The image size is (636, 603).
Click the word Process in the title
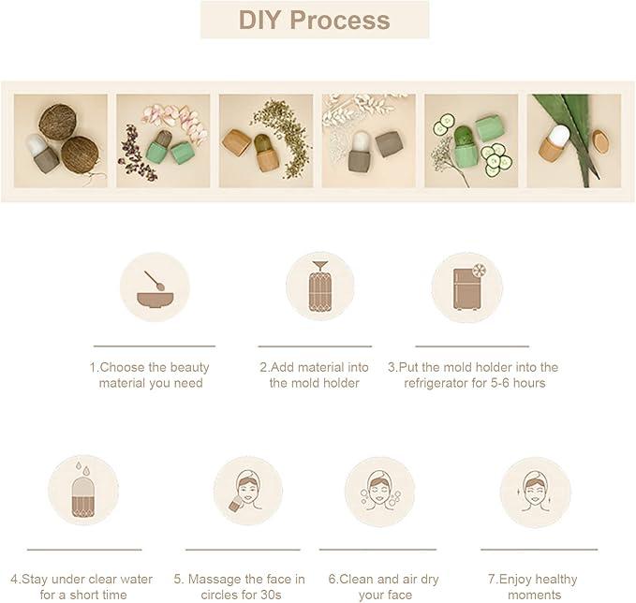coord(340,20)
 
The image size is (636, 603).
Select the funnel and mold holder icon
coord(320,287)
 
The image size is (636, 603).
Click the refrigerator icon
coord(468,287)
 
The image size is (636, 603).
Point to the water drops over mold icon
coord(83,489)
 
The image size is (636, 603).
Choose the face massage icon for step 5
coord(245,491)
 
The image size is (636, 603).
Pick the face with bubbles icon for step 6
coord(379,491)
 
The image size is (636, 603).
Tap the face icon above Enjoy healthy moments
coord(535,492)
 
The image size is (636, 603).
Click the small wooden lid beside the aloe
coord(600,140)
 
